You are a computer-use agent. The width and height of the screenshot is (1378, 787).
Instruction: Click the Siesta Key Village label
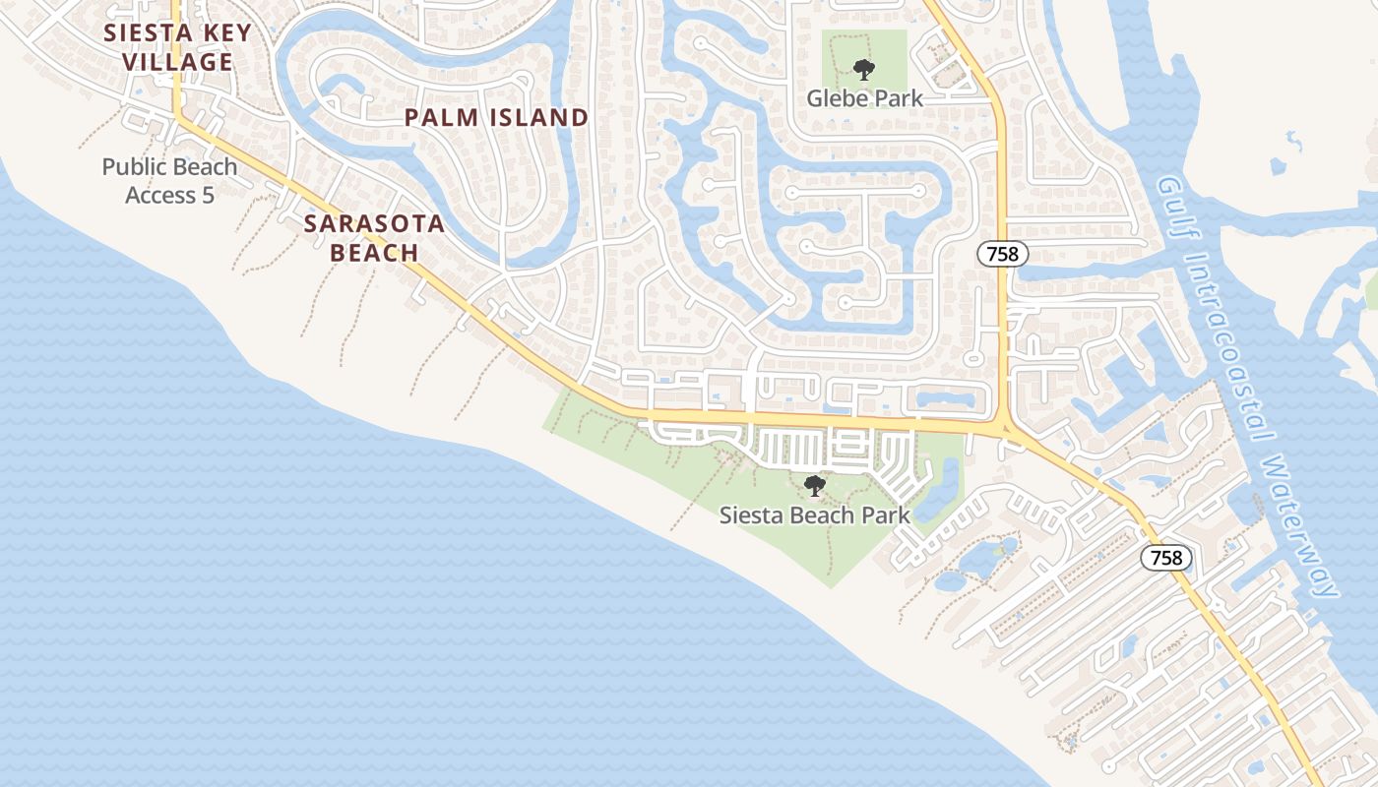[x=177, y=47]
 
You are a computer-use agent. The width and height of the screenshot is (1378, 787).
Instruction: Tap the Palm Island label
[x=496, y=118]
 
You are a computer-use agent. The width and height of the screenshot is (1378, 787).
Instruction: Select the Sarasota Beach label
[x=374, y=238]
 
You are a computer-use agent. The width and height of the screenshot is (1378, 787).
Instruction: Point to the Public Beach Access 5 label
[x=169, y=181]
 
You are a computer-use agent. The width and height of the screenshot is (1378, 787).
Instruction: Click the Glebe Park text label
[x=864, y=98]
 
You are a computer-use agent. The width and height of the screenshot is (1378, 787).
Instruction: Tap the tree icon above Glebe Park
[x=864, y=69]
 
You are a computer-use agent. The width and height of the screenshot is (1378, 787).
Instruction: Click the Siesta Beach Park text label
[x=814, y=515]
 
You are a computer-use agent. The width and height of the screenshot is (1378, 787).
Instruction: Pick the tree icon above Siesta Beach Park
[x=814, y=485]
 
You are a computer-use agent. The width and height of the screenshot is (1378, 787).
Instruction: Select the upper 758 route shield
[x=1003, y=254]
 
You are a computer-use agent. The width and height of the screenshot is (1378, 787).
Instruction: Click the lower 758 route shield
[x=1166, y=558]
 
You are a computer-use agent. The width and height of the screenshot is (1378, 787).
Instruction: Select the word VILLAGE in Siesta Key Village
[x=177, y=62]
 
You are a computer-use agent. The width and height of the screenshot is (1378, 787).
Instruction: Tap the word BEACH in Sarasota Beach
[x=374, y=253]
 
